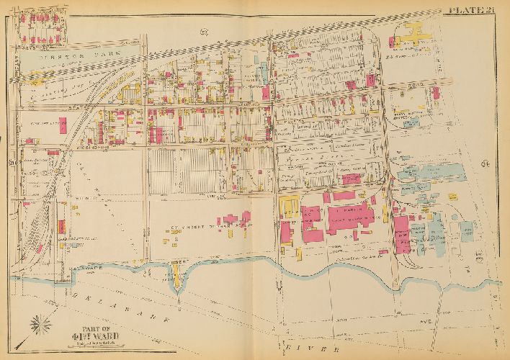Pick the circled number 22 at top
[x=204, y=30]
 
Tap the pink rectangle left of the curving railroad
[x=63, y=124]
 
